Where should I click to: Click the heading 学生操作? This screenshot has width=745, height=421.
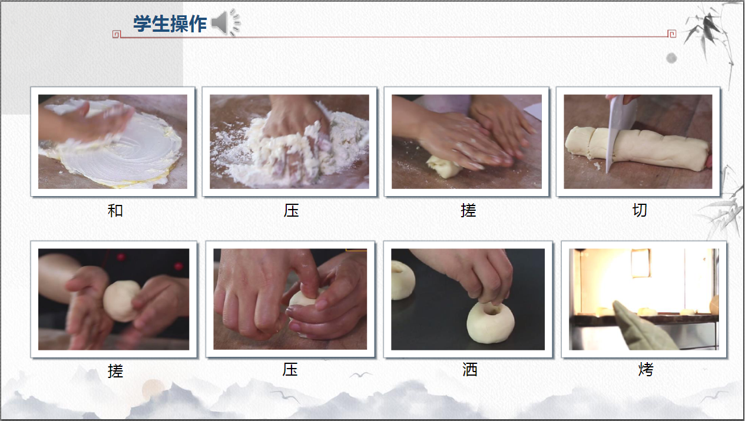click(x=170, y=24)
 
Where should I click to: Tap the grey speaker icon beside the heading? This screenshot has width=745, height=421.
click(x=226, y=22)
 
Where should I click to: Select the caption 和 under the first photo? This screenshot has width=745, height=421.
click(x=115, y=211)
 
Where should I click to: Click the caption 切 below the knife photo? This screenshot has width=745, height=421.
click(x=640, y=210)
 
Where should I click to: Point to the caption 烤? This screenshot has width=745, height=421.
click(x=646, y=369)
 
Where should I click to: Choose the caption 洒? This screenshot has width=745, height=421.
click(x=469, y=369)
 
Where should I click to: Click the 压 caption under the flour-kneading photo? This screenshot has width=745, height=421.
click(x=291, y=211)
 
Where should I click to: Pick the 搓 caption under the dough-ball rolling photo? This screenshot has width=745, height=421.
click(x=115, y=371)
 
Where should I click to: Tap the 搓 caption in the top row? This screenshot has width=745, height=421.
click(x=468, y=211)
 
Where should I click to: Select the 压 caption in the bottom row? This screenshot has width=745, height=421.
click(x=290, y=369)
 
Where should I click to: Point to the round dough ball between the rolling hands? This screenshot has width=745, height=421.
click(x=121, y=301)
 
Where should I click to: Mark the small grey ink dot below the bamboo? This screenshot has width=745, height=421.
click(x=671, y=58)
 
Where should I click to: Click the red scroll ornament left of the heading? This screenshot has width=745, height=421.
click(x=116, y=34)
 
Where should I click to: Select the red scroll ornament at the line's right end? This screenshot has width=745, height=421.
click(x=672, y=34)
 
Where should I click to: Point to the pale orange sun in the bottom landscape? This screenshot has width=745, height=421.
click(x=153, y=389)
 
